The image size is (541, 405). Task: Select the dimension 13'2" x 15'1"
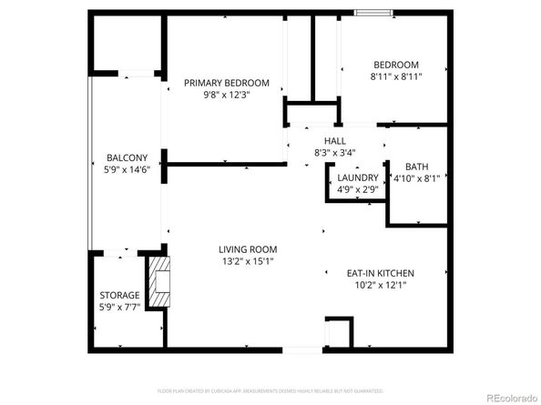coord(247,261)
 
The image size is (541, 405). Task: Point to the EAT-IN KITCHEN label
coord(382,273)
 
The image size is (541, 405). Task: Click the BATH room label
coord(417,167)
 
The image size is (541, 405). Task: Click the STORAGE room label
coord(119,295)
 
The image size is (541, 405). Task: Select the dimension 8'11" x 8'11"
coord(395,76)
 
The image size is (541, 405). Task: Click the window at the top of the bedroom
coord(374,13)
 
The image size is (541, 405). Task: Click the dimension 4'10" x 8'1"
coord(416,178)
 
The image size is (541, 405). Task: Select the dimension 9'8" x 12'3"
coord(217,94)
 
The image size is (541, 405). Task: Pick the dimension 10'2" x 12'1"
coord(382,285)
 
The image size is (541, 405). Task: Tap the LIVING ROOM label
coord(247,249)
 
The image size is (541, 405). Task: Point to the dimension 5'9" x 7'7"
coord(119,307)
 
